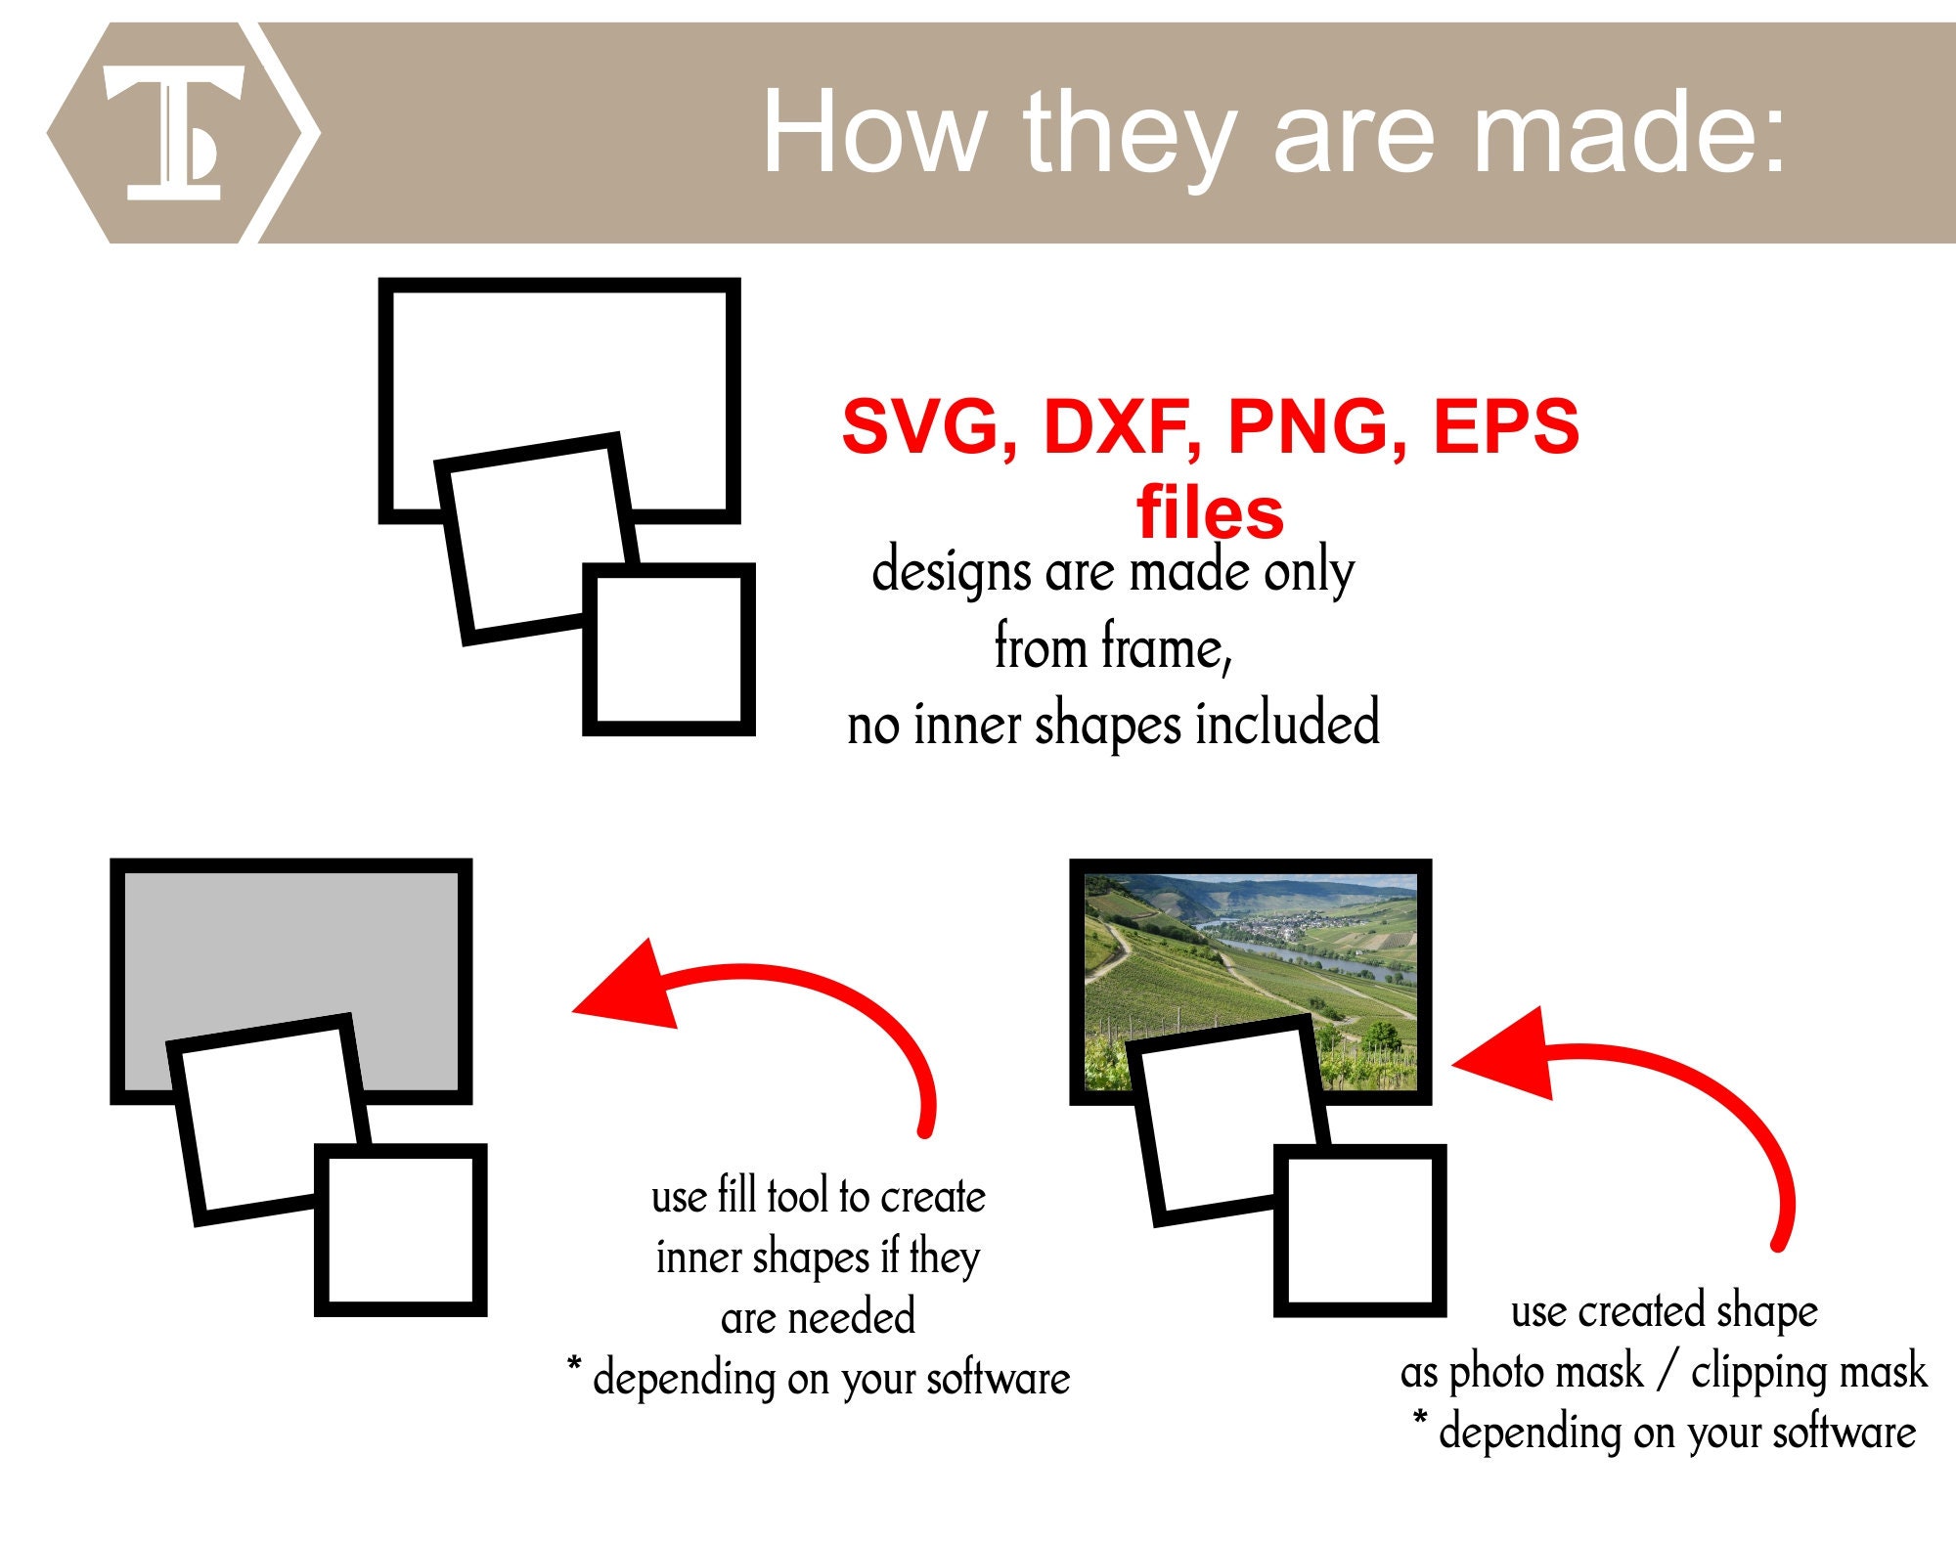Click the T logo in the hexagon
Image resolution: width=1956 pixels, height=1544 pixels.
pyautogui.click(x=174, y=134)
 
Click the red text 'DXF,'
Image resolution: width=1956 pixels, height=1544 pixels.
pyautogui.click(x=1123, y=426)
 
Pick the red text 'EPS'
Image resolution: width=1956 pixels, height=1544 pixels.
pyautogui.click(x=1506, y=426)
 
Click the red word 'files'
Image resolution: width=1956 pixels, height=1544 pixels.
pyautogui.click(x=1210, y=512)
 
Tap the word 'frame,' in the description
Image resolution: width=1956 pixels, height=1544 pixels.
pyautogui.click(x=1165, y=647)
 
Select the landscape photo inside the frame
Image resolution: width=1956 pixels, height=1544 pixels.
pyautogui.click(x=1252, y=948)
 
